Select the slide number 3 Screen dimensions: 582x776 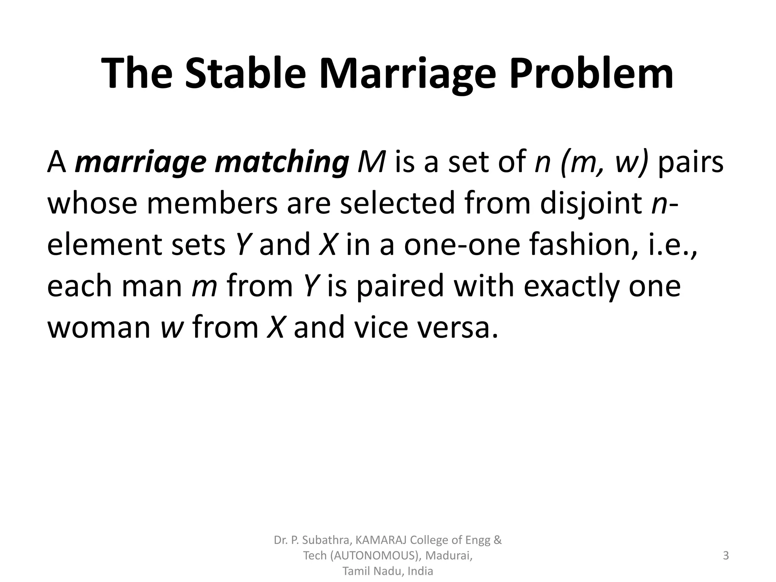(726, 555)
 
